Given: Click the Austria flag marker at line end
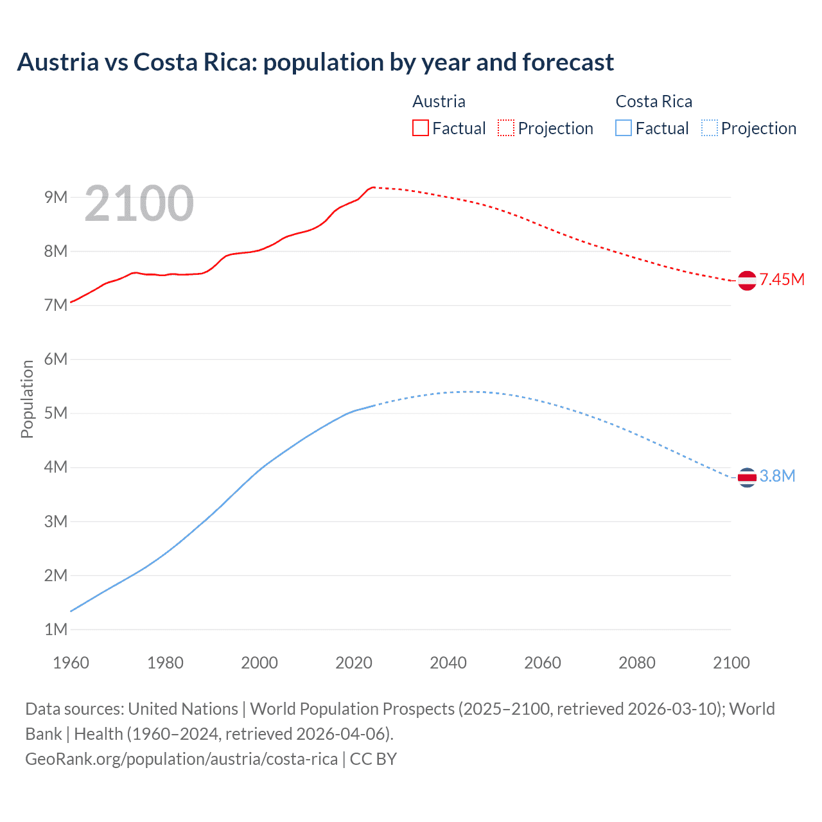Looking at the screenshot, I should click(747, 281).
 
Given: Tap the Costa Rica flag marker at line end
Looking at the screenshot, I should click(747, 477).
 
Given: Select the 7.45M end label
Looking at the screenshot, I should click(782, 279).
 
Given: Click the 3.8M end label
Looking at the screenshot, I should click(777, 476).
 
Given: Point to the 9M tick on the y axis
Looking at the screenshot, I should click(56, 197).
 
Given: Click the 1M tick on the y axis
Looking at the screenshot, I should click(56, 629).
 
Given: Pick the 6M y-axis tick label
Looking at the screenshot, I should click(56, 359).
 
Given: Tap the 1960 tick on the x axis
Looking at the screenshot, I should click(71, 663).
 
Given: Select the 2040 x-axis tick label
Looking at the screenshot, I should click(448, 663).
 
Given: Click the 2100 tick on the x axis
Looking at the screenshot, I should click(731, 663).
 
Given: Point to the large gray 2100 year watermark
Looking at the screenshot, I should click(139, 204).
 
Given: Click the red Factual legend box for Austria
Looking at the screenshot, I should click(420, 128).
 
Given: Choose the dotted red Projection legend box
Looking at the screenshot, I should click(506, 128).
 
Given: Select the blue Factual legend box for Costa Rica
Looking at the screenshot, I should click(624, 128).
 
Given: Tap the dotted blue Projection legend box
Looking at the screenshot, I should click(710, 128).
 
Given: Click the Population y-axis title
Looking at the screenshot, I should click(27, 399).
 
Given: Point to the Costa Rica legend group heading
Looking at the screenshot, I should click(654, 101).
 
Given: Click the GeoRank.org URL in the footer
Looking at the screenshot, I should click(181, 759).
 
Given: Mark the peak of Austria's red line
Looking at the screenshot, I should click(373, 187).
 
